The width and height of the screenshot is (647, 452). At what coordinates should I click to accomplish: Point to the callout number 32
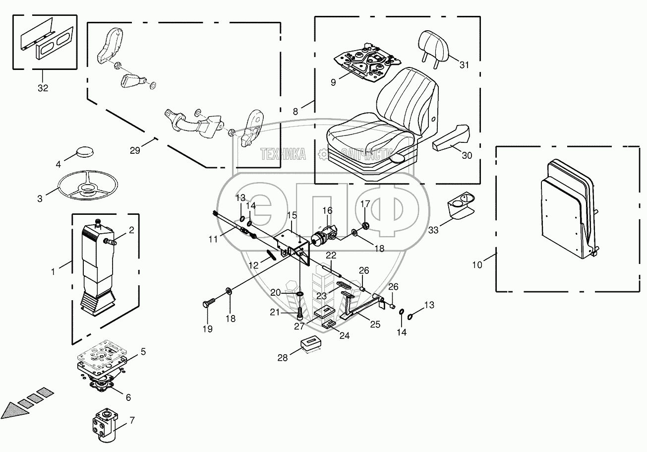pos(43,88)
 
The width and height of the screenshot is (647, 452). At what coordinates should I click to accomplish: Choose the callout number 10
pos(476,265)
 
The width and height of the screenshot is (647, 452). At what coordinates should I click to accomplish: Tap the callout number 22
pos(331,255)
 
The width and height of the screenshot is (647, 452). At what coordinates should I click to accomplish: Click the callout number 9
pos(333,82)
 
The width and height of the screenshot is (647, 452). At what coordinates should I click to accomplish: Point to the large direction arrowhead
pos(11,410)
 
